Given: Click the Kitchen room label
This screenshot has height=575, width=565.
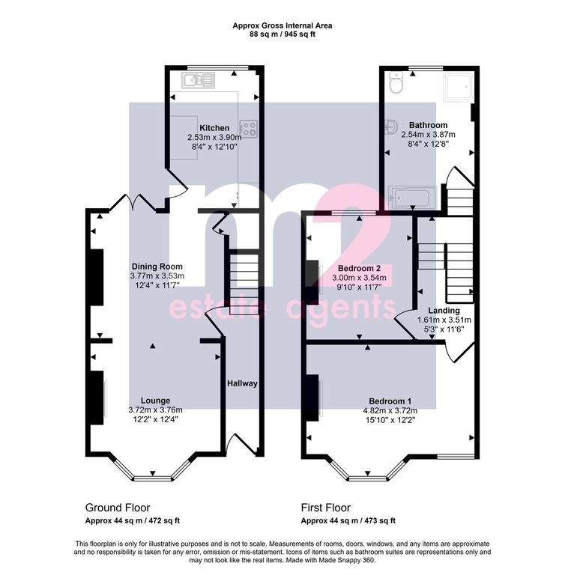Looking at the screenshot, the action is click(x=214, y=128).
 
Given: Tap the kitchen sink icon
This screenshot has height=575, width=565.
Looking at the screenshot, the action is click(x=199, y=80).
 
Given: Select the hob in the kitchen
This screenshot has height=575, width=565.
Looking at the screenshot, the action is click(x=249, y=129).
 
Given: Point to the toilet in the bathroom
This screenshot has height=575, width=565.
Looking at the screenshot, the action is click(x=396, y=82).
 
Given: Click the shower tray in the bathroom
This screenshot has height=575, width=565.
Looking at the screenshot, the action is click(x=458, y=87).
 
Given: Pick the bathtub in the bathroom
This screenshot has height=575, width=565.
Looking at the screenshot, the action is click(x=412, y=198).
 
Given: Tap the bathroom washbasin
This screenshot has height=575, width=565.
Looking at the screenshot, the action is click(x=391, y=127).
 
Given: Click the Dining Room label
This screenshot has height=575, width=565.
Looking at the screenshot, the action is click(x=157, y=267).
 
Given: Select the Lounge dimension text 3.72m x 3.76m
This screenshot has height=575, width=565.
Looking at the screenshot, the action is click(x=155, y=410).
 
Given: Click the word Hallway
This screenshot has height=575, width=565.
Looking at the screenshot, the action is click(x=242, y=383).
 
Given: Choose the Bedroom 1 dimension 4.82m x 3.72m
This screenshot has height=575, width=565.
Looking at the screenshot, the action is click(x=390, y=411).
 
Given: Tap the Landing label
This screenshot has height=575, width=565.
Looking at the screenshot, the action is click(x=444, y=311).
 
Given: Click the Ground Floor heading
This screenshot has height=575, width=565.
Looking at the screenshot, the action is click(x=118, y=508).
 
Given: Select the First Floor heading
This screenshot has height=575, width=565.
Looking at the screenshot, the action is click(x=326, y=508).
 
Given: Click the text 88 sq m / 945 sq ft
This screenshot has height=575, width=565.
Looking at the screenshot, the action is click(x=282, y=34).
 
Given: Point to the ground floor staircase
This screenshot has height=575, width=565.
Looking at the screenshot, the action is click(x=244, y=282).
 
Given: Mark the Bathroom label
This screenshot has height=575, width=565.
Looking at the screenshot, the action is click(x=428, y=125).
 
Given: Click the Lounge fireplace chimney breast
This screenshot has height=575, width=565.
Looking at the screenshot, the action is click(x=97, y=398).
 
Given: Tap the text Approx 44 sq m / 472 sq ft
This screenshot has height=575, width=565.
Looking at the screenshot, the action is click(x=133, y=521).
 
